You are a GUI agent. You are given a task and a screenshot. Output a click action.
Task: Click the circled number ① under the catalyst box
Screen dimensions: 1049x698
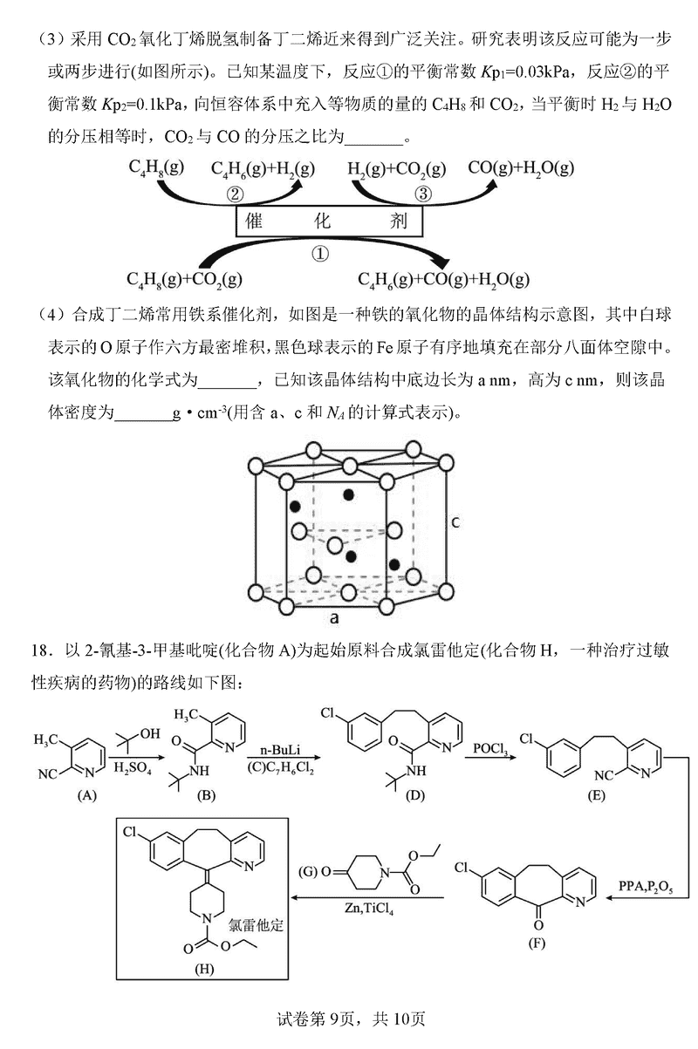point(320,253)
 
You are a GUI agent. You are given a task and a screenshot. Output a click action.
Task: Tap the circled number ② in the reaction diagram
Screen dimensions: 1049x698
point(234,194)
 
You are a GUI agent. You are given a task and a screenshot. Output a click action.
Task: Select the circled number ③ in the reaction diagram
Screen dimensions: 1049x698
point(423,194)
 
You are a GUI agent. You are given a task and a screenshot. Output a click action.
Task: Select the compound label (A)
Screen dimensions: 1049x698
point(86,795)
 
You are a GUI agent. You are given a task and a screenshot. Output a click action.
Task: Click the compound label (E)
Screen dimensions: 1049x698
point(596,796)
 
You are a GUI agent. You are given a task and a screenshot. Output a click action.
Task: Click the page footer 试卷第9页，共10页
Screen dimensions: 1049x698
point(349,1018)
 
